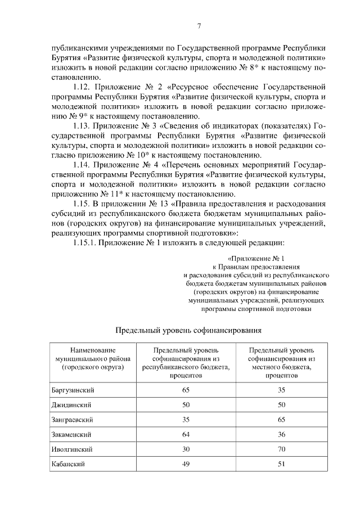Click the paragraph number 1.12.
point(84,87)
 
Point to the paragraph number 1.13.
point(84,125)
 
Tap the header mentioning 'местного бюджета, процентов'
point(281,362)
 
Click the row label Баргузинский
point(73,390)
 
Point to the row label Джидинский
point(71,405)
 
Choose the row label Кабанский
point(67,464)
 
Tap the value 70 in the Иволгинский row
point(281,449)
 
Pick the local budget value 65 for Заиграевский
point(281,420)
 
